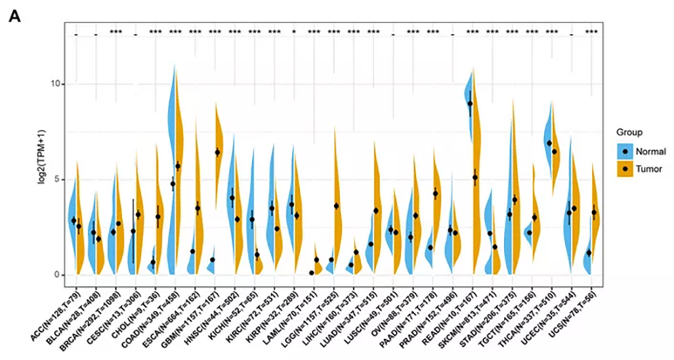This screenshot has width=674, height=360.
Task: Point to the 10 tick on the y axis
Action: (x=60, y=84)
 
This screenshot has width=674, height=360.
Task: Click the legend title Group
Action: (x=630, y=131)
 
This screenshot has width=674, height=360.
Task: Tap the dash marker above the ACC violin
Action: (x=76, y=34)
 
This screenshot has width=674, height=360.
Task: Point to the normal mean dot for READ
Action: (x=470, y=104)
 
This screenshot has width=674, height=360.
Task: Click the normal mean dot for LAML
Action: (x=311, y=273)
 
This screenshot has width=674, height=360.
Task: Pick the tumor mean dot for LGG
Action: (x=336, y=206)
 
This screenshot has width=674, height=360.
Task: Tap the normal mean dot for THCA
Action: (x=549, y=143)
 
